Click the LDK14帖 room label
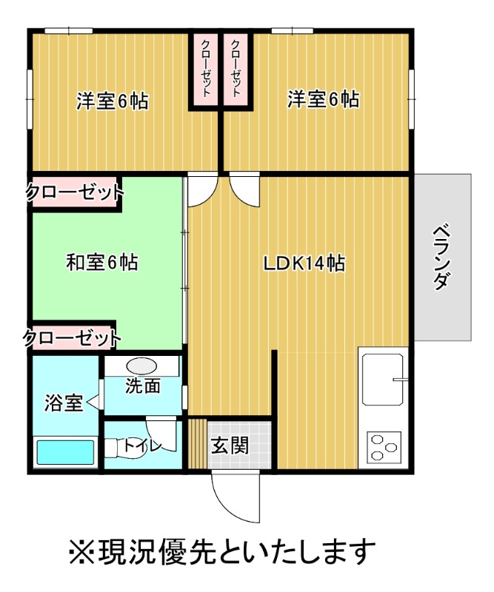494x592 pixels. point(304,263)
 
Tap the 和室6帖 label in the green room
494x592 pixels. point(101,262)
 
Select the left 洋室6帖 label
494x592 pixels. point(112,100)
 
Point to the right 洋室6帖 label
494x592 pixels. point(324,99)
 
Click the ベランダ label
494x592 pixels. point(442,256)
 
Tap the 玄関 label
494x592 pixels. point(229,445)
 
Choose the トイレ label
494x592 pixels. point(138,445)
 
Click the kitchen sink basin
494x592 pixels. point(382,379)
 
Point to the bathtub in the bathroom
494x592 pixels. point(66,451)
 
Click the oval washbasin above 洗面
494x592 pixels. point(141,366)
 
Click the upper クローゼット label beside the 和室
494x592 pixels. point(75,194)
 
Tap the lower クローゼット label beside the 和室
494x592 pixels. point(73,339)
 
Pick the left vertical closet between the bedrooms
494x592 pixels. point(205,70)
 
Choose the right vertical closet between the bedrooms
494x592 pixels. point(236,70)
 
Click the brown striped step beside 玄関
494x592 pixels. point(196,444)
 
